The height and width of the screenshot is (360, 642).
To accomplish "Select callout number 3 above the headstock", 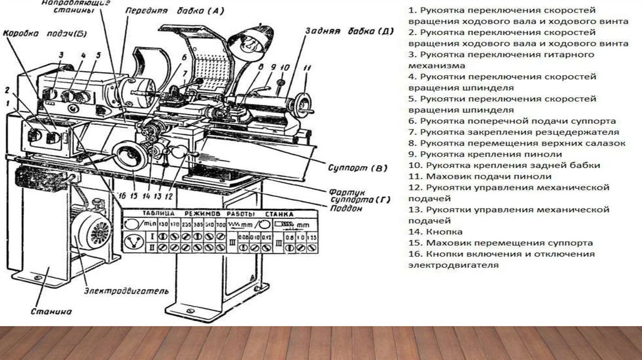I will pos(61,55).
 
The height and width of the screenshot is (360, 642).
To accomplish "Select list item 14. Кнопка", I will pos(431,231).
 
